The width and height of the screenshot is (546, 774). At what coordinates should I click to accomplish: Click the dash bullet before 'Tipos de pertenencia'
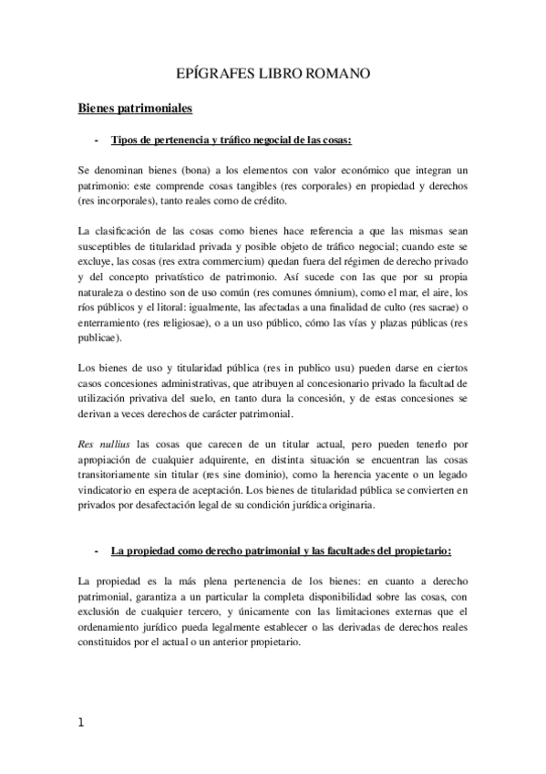tap(97, 141)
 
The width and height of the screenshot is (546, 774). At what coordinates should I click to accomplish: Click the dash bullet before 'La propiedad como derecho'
tap(97, 551)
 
